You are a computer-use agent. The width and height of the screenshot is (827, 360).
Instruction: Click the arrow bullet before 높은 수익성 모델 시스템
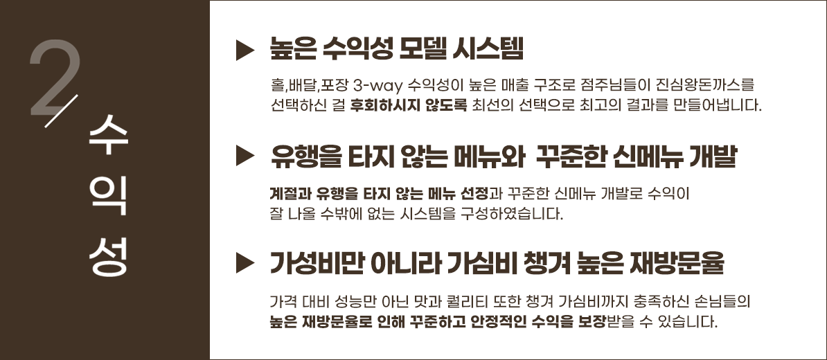coord(245,50)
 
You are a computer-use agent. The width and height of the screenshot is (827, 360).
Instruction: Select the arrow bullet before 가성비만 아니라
coord(245,262)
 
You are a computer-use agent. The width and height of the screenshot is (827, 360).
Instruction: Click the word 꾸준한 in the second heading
coord(568,156)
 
